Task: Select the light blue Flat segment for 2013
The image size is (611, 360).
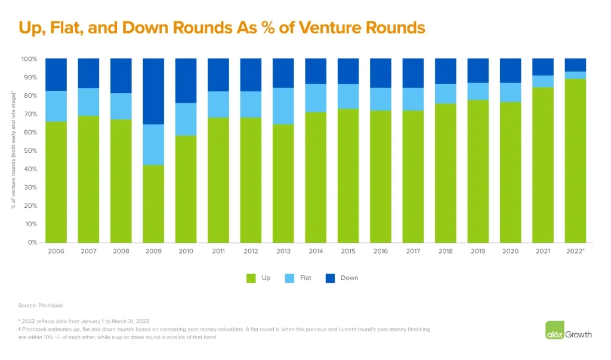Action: coord(283,106)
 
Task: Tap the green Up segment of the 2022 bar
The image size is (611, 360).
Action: coord(575,161)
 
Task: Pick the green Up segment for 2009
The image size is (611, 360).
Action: coord(153,204)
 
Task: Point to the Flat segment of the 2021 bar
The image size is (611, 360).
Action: coord(542,81)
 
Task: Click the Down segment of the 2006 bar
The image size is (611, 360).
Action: coord(56,75)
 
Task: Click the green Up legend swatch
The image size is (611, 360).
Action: coord(251,278)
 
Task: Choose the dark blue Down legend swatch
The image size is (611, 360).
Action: coord(330,278)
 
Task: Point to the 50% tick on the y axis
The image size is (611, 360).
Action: coord(29,150)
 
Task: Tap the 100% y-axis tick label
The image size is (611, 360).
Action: coord(29,59)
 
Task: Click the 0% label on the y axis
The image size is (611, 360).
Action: coord(32,242)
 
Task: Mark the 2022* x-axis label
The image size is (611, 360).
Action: coord(575,251)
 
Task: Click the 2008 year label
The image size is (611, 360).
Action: coord(121,251)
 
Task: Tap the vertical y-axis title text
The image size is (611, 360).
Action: coord(13,150)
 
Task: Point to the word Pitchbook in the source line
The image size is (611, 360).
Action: coord(51,305)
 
